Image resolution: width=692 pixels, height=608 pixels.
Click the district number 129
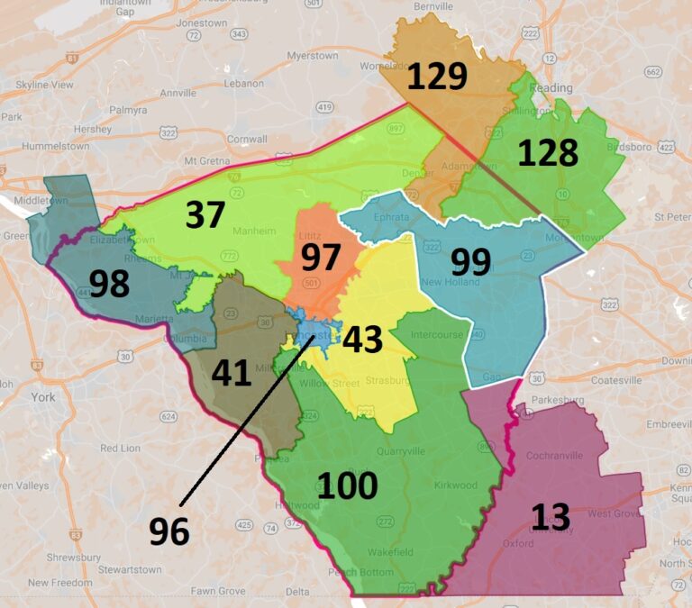(437, 76)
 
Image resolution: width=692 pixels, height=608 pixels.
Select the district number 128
(548, 152)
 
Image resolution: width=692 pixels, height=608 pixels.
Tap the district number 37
(206, 214)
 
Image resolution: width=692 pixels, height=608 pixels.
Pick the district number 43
(362, 340)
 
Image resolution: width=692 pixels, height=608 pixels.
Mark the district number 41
(231, 372)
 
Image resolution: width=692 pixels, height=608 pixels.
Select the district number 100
(347, 485)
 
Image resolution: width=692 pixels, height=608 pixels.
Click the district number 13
(550, 517)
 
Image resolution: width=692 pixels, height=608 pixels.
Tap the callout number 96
(169, 531)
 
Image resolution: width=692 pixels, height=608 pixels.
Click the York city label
(41, 396)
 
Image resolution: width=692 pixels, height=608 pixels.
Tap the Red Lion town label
(121, 448)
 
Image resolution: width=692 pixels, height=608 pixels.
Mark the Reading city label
(551, 87)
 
